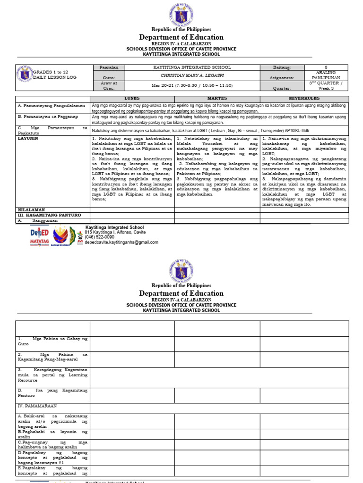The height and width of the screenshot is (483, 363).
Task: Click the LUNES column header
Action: tap(132, 98)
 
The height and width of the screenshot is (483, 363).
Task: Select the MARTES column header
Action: tap(217, 98)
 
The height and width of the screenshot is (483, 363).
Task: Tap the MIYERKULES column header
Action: tap(304, 98)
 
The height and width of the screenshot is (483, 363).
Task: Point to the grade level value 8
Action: tap(326, 67)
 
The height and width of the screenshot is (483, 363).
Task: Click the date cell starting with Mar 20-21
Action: tap(192, 85)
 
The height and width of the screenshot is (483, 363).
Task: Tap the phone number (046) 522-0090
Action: tap(100, 237)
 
